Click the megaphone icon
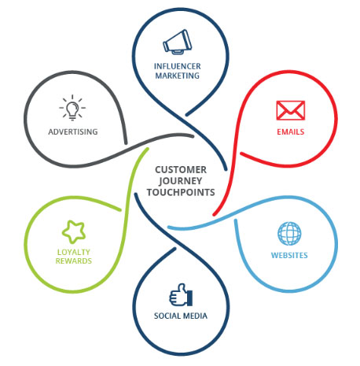click(x=178, y=42)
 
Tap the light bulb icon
click(x=72, y=108)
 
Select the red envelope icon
click(x=291, y=110)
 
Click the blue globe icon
click(x=289, y=234)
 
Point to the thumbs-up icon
click(x=181, y=294)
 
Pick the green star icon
click(x=74, y=231)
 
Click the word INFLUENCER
click(x=178, y=66)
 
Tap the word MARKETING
click(x=178, y=76)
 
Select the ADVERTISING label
click(x=73, y=131)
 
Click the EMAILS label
click(x=291, y=131)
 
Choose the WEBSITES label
click(x=289, y=255)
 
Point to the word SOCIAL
click(x=166, y=316)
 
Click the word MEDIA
click(x=194, y=316)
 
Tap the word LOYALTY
click(x=74, y=252)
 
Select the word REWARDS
click(x=74, y=261)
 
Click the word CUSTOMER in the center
click(x=181, y=170)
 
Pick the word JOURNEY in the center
click(x=180, y=181)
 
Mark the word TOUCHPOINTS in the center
click(x=181, y=192)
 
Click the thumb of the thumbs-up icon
click(x=182, y=288)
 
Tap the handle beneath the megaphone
click(x=178, y=52)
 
